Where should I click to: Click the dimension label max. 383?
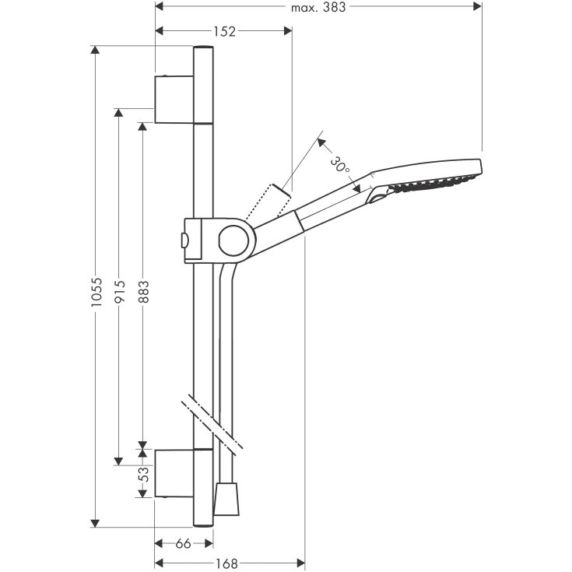(x=318, y=6)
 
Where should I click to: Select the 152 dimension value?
(x=224, y=32)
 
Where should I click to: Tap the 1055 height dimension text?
(x=96, y=292)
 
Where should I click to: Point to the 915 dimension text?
(x=119, y=291)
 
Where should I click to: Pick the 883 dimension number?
(x=143, y=292)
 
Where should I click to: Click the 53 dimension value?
(x=145, y=474)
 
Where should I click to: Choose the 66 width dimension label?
(x=183, y=544)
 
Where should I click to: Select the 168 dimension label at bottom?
(x=226, y=563)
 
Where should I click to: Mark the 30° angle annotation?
(x=340, y=165)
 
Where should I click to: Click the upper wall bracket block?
(x=174, y=100)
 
